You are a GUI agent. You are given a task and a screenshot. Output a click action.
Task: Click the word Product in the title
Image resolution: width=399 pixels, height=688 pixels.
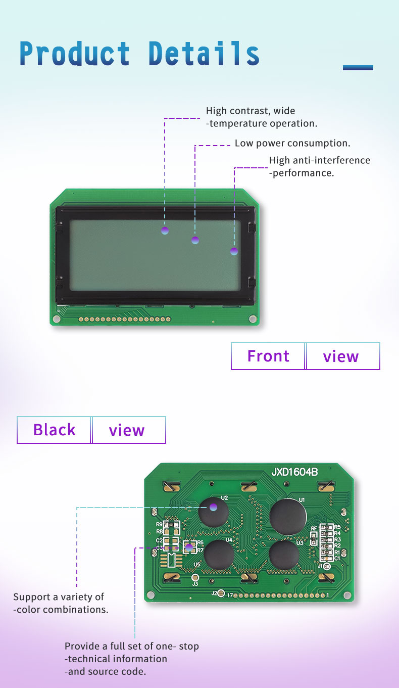(75, 54)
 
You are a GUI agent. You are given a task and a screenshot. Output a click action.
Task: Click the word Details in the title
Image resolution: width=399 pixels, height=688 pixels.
(204, 54)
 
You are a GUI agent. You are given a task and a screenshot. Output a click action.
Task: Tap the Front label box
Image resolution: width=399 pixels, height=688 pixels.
(268, 356)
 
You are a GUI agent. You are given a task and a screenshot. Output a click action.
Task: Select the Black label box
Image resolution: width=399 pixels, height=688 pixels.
(54, 430)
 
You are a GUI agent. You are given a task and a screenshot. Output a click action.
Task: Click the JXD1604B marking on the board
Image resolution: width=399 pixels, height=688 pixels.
(294, 472)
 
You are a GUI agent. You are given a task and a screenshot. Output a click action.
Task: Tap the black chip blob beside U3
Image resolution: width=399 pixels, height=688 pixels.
(284, 556)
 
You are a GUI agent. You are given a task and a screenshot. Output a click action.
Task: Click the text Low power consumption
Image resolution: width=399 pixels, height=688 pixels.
(292, 144)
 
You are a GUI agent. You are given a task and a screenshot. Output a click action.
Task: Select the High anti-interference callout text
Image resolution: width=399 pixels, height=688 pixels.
(319, 161)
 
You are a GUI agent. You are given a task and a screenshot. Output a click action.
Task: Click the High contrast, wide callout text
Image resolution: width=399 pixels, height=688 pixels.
(251, 111)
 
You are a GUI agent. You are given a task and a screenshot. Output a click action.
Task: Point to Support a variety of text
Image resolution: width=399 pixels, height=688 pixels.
(59, 597)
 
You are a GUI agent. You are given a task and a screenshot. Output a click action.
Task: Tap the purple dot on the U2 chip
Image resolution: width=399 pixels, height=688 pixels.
(214, 507)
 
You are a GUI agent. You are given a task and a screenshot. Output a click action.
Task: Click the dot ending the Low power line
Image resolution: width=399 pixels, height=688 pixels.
(195, 240)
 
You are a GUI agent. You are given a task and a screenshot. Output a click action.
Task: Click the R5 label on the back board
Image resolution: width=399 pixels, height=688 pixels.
(337, 527)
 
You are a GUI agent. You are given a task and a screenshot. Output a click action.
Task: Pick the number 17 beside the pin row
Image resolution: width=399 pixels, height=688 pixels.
(229, 595)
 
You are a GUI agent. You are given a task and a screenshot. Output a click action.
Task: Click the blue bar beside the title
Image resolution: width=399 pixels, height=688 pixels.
(358, 67)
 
